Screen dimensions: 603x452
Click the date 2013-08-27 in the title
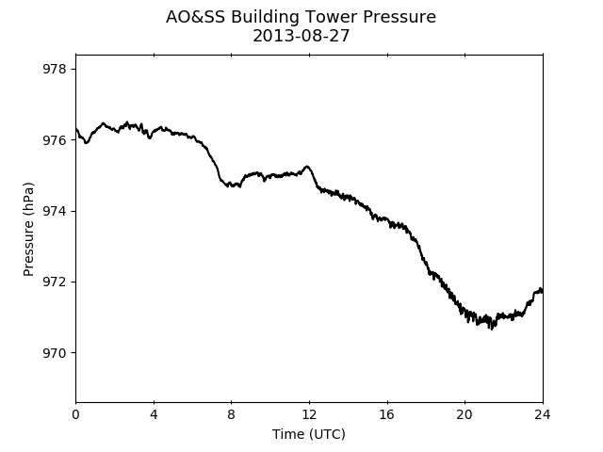(301, 36)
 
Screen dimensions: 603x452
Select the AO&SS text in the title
(195, 17)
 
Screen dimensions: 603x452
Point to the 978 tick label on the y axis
(55, 69)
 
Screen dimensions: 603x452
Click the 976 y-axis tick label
(55, 140)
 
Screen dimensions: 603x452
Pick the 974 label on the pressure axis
(55, 211)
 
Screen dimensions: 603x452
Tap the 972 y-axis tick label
(55, 282)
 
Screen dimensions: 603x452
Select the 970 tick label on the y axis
(55, 353)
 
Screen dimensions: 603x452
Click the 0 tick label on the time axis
(75, 414)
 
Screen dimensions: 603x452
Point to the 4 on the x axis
(154, 414)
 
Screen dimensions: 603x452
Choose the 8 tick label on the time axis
(232, 414)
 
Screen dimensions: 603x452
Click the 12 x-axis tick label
(309, 414)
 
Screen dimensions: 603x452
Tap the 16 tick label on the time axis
(387, 414)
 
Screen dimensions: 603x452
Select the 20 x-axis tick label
(464, 414)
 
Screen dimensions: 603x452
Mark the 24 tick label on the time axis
(543, 414)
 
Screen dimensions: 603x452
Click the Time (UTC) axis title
(309, 434)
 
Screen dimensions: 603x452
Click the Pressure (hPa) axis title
(28, 229)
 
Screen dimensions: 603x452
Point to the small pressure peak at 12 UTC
(307, 167)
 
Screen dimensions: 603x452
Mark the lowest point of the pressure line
(492, 329)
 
